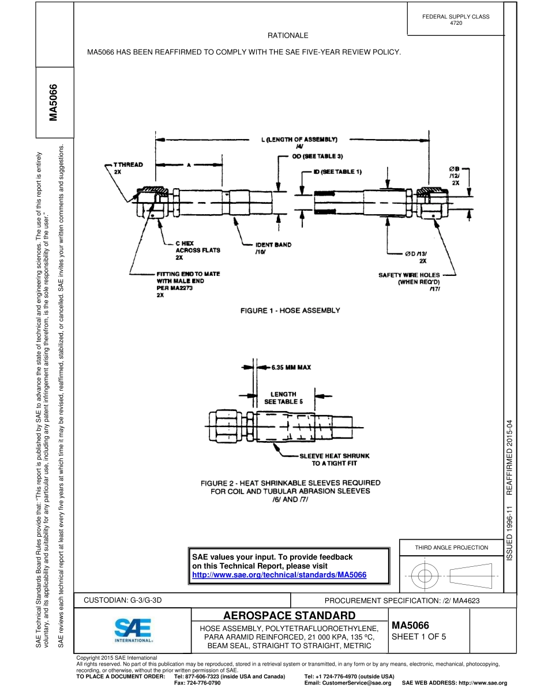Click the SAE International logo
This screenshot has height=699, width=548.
coord(133,631)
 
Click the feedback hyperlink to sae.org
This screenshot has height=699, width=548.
coord(279,575)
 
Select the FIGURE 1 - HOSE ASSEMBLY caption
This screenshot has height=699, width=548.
coord(290,311)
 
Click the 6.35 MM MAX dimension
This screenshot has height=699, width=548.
coord(291,367)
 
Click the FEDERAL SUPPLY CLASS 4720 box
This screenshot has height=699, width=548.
coord(456,20)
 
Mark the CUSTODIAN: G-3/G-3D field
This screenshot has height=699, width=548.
coord(123,600)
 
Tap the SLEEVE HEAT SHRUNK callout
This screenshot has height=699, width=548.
coord(334,459)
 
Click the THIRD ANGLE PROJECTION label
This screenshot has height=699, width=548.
coord(452,547)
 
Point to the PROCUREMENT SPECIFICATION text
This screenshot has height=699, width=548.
coord(402,601)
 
